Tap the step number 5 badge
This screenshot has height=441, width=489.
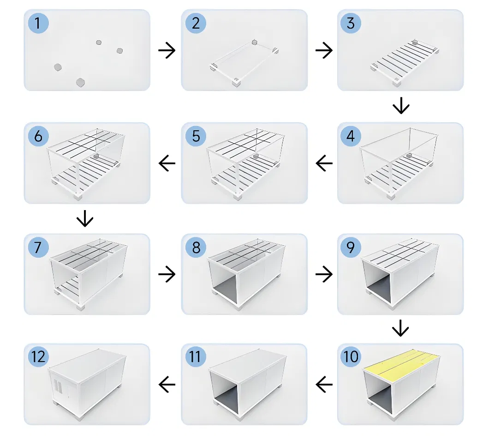click(196, 137)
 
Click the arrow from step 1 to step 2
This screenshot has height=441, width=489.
click(167, 51)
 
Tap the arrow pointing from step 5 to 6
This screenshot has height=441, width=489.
click(167, 163)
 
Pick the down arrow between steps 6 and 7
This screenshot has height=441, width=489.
click(85, 219)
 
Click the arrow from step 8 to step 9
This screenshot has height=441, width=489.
click(324, 275)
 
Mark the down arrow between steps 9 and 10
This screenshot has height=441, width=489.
click(400, 329)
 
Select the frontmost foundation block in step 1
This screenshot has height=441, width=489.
click(81, 83)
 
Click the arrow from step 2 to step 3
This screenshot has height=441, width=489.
click(324, 51)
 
